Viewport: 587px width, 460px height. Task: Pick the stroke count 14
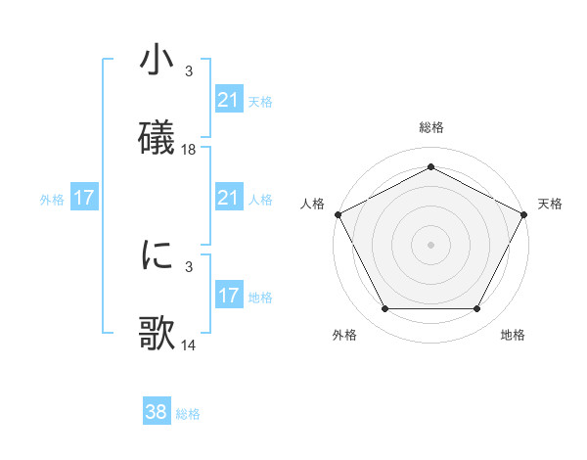[189, 345]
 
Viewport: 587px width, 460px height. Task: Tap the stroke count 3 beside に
[189, 266]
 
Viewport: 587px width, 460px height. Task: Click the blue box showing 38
[157, 413]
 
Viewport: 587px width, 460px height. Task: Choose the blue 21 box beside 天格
[228, 100]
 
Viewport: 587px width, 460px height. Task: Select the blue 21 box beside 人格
[228, 199]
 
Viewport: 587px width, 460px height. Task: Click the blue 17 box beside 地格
[228, 296]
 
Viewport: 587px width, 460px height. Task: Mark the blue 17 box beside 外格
[84, 199]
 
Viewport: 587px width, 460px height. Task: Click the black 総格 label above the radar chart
[430, 128]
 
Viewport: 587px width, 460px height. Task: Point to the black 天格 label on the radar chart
[550, 204]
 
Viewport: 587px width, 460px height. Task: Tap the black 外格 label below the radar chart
[344, 336]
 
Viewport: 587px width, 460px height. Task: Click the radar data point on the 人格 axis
[338, 213]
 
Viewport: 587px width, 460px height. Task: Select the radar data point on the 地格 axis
[477, 309]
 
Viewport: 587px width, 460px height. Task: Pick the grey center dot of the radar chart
[430, 244]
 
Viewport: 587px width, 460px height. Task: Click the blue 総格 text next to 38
[188, 414]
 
